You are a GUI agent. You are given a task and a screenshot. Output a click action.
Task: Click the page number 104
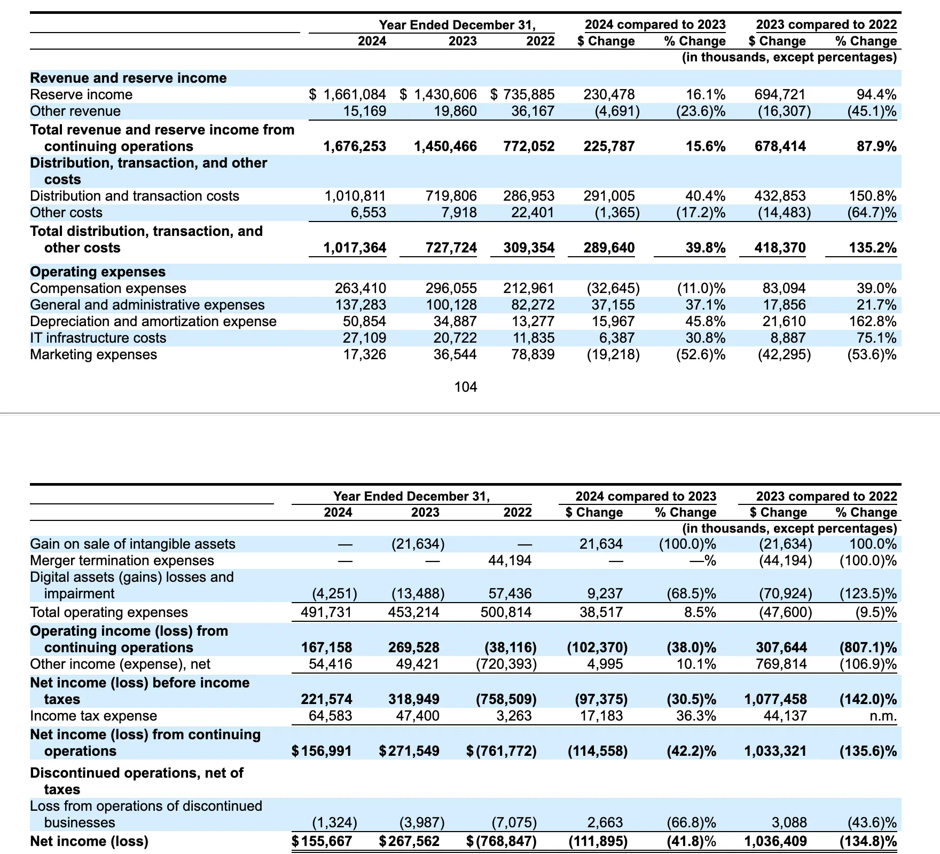[465, 387]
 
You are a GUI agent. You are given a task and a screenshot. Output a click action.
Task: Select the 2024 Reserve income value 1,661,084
[354, 94]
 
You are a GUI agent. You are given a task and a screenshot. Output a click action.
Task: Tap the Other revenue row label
[75, 111]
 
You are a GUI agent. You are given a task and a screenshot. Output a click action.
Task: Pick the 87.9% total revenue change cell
[876, 146]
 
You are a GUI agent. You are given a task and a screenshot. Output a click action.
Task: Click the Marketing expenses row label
[93, 354]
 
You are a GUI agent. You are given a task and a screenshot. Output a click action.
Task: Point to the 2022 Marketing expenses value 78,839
[529, 354]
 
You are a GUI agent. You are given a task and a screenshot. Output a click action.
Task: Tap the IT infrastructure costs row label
[98, 338]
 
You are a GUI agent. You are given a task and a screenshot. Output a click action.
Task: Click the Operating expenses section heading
[98, 272]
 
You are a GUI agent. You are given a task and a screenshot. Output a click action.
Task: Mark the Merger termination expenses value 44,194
[510, 560]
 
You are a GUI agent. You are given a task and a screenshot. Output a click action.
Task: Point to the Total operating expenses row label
[109, 612]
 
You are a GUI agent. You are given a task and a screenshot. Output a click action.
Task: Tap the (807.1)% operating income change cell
[868, 647]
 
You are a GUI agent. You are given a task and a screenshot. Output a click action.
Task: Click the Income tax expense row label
[93, 716]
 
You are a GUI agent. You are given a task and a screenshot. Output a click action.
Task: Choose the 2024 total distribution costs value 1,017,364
[355, 248]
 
